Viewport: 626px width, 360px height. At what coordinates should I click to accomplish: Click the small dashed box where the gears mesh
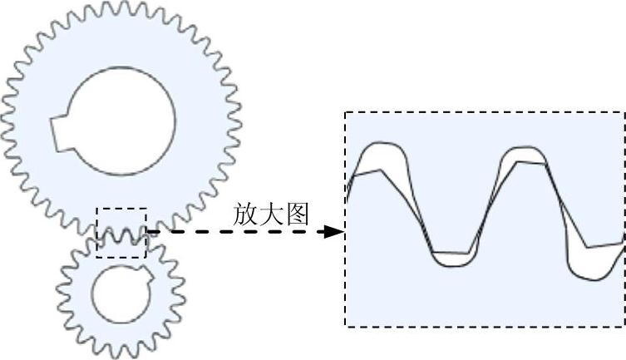click(121, 233)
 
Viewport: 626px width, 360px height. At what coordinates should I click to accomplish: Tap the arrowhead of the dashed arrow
click(334, 231)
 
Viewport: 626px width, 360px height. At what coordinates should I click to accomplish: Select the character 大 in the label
click(272, 215)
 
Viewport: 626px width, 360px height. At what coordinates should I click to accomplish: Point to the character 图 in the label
click(297, 215)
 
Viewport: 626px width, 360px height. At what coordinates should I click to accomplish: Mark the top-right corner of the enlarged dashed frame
click(624, 113)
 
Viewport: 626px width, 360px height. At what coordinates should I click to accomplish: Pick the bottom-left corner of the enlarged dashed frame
click(346, 326)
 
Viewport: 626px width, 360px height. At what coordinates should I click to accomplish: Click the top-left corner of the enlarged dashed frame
click(346, 113)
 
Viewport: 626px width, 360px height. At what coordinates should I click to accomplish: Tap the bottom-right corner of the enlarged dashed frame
click(624, 326)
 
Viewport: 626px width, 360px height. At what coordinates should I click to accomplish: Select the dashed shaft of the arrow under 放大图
click(241, 231)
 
